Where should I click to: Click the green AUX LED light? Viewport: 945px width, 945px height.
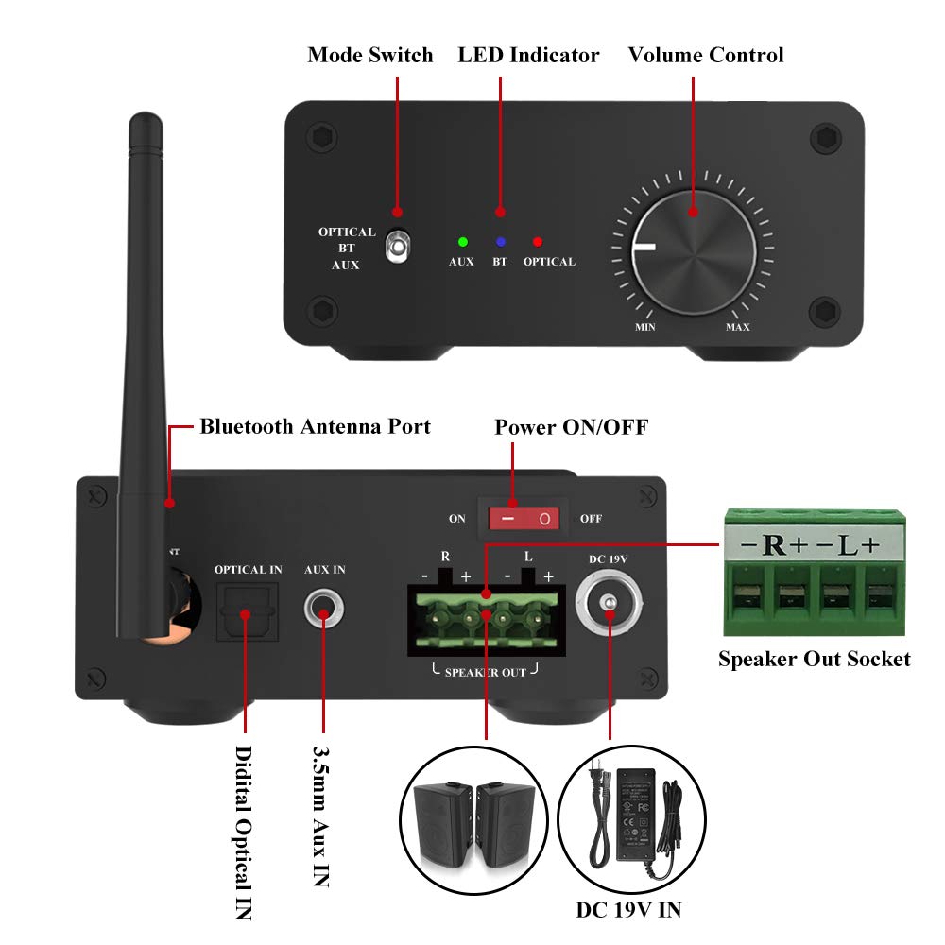[462, 242]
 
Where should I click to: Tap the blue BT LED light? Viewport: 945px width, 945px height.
[500, 242]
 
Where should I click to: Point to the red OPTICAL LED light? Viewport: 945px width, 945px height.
[538, 242]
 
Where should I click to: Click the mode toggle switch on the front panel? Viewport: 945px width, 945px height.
[398, 248]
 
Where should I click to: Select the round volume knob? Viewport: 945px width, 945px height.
[693, 249]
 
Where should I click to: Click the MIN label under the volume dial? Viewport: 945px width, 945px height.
[646, 327]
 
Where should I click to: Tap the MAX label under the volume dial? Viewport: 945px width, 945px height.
[737, 327]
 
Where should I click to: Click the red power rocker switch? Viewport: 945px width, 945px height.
[524, 519]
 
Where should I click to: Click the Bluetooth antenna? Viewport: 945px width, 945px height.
[142, 378]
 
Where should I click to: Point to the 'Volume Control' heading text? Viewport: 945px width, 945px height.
[706, 55]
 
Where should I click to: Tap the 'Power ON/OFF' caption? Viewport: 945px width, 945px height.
[572, 427]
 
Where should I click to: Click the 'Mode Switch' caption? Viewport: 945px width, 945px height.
[370, 55]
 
